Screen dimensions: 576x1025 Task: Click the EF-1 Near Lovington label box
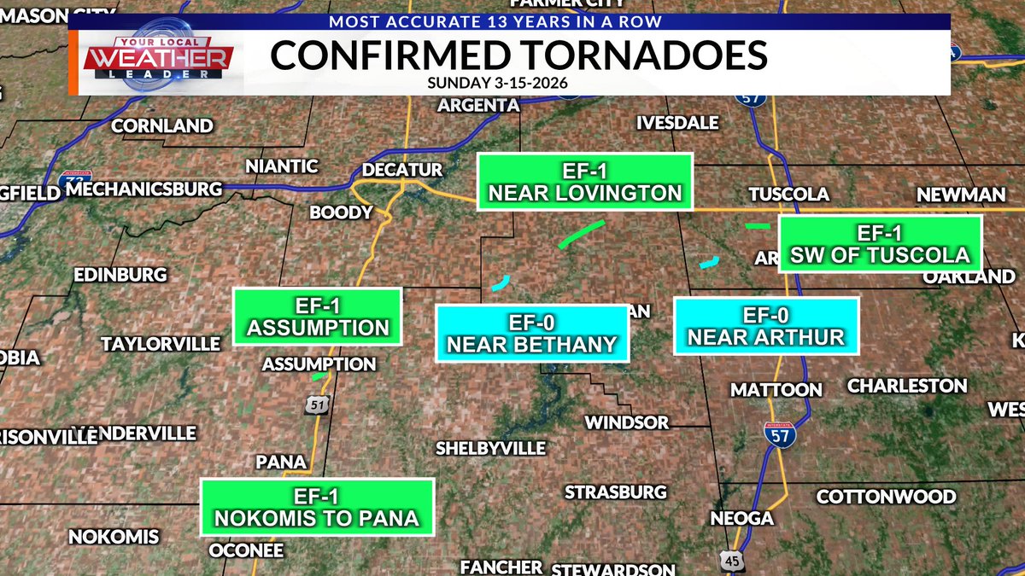(584, 181)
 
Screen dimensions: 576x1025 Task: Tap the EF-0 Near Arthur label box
(765, 326)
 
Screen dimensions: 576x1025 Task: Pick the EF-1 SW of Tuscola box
(880, 243)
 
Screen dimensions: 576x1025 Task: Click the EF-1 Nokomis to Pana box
(317, 507)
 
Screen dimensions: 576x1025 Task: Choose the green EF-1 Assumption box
(317, 317)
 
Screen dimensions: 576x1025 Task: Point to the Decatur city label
(402, 170)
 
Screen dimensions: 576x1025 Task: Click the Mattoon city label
(776, 390)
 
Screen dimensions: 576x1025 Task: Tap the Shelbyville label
(490, 448)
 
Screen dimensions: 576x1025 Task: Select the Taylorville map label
(161, 344)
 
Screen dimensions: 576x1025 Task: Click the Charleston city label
(907, 386)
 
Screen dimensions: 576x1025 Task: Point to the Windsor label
(626, 422)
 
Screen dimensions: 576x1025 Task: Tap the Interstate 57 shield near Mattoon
(780, 434)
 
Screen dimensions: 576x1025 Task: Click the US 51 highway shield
(317, 405)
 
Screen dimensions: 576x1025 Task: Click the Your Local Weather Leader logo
(158, 60)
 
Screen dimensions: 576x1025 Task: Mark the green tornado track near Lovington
(581, 233)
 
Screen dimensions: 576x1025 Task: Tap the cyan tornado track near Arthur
(709, 262)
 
